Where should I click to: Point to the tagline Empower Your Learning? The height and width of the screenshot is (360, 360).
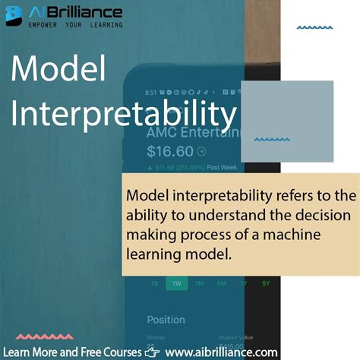pyautogui.click(x=74, y=25)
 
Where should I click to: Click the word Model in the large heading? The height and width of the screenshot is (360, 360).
pyautogui.click(x=58, y=71)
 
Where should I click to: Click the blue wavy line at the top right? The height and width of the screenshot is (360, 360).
pyautogui.click(x=314, y=27)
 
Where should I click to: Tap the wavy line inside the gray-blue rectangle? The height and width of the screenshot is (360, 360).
pyautogui.click(x=271, y=140)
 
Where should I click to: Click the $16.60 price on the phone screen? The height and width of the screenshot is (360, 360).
pyautogui.click(x=170, y=150)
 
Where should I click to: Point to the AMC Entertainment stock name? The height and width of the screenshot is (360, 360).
pyautogui.click(x=194, y=132)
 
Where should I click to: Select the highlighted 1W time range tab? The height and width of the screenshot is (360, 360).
pyautogui.click(x=176, y=283)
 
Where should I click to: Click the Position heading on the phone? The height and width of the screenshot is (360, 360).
pyautogui.click(x=166, y=320)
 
